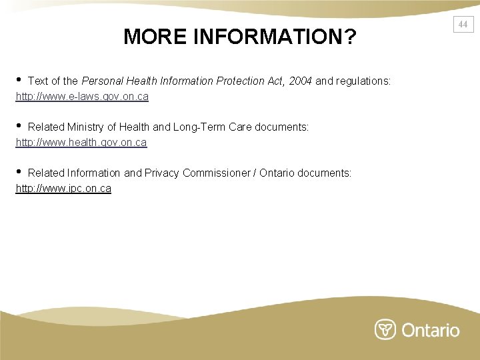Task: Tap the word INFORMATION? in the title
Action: coord(275,37)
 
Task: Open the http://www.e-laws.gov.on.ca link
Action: coord(82,97)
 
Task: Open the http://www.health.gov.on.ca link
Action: coord(81,143)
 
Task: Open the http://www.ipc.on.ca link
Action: coord(63,189)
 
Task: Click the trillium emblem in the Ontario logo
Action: coord(385,330)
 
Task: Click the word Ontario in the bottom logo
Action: coord(431,330)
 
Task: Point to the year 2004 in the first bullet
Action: coord(300,81)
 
